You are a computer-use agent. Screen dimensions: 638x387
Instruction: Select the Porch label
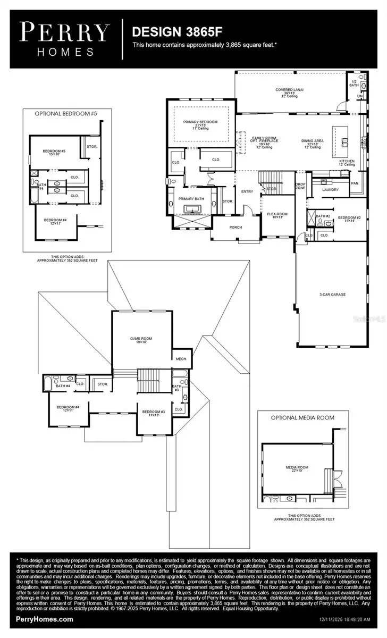pyautogui.click(x=235, y=227)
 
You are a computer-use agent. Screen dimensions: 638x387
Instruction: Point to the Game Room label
pyautogui.click(x=141, y=339)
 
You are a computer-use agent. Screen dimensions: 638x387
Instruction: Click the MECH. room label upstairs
pyautogui.click(x=181, y=359)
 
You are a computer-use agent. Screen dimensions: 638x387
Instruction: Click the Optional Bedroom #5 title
pyautogui.click(x=66, y=113)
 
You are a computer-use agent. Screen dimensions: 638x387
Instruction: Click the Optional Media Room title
pyautogui.click(x=303, y=417)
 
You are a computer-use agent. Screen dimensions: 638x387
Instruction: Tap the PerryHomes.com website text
pyautogui.click(x=45, y=619)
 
